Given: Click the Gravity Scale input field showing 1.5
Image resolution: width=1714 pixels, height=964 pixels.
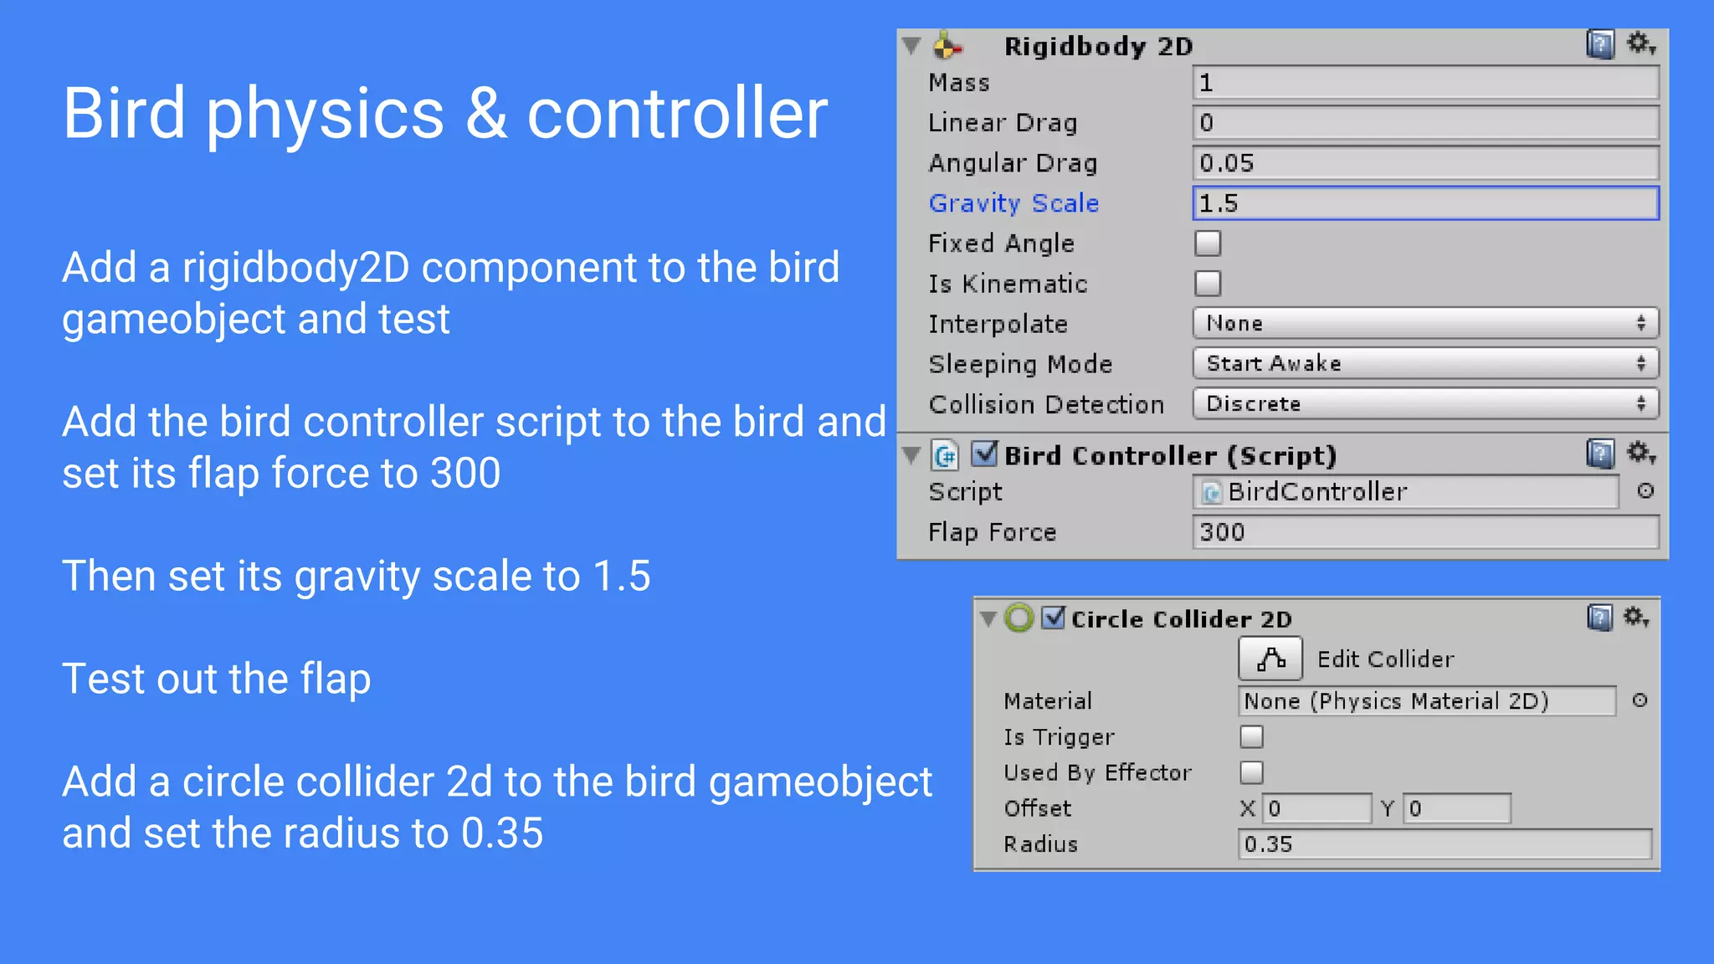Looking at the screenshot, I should pos(1424,203).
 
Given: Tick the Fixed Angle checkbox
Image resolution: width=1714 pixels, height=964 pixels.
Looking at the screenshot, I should pos(1208,244).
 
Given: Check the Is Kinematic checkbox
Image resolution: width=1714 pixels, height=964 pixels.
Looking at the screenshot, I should pos(1208,284).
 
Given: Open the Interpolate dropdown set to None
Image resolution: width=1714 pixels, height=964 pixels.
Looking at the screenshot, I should pos(1424,323).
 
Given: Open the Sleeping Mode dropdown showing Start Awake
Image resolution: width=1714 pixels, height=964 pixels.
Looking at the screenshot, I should pos(1424,363).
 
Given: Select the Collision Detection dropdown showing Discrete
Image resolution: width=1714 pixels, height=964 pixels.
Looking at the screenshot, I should pos(1424,403).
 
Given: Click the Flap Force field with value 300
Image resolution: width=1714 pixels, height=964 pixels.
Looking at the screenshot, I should pos(1424,532).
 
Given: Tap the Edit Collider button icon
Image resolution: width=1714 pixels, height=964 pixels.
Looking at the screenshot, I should pos(1270,659).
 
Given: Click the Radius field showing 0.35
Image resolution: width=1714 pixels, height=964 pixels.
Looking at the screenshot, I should pos(1444,843).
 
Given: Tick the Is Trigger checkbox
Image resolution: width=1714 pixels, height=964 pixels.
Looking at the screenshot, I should pos(1251,736).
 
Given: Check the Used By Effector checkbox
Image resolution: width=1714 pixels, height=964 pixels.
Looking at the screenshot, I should pos(1251,772).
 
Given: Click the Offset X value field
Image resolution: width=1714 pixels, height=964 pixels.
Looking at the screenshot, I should pos(1316,808).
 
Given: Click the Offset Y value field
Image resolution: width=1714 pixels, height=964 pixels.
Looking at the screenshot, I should pos(1456,808).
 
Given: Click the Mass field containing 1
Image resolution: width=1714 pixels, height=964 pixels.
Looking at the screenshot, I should pos(1424,83).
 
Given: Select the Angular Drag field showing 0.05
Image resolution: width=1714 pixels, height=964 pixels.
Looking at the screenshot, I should pos(1424,163).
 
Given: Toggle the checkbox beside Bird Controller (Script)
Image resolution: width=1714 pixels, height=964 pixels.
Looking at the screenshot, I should pos(984,454).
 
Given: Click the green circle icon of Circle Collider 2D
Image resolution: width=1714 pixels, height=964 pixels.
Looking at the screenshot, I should pos(1019,618).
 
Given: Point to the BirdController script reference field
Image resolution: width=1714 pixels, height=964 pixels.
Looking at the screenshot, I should pos(1406,492).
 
